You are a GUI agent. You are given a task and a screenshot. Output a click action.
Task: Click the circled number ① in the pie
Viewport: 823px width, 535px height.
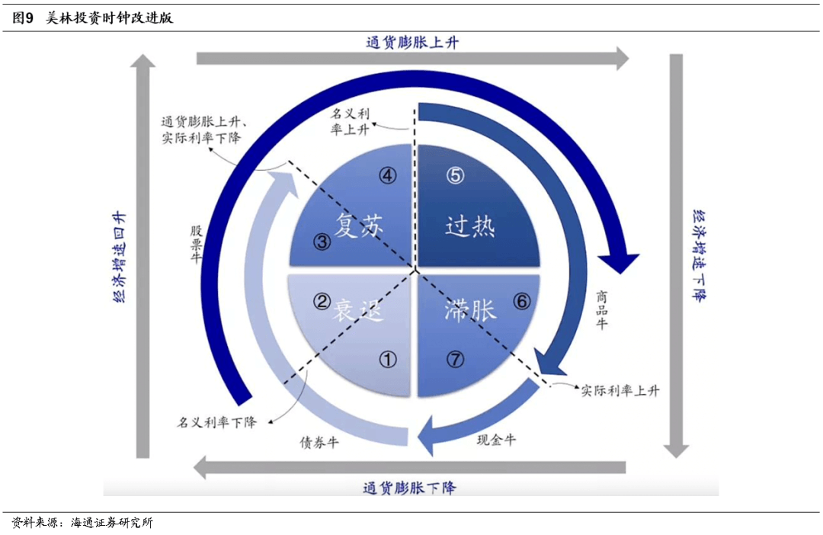click(x=388, y=360)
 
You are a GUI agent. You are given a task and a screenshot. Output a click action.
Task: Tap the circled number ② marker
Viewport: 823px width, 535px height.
click(x=322, y=302)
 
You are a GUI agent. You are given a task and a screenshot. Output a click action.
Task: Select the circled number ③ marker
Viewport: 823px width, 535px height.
click(x=322, y=243)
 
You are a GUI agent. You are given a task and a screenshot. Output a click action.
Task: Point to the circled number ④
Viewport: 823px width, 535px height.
click(x=388, y=175)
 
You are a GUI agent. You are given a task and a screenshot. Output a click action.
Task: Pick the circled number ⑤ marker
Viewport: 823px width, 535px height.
click(x=455, y=175)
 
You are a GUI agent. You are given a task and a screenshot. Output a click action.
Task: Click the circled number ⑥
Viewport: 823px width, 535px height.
click(x=521, y=302)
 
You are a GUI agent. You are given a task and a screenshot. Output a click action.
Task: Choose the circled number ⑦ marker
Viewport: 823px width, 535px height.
click(x=455, y=360)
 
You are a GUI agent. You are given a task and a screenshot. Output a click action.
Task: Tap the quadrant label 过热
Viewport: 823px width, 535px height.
click(x=469, y=226)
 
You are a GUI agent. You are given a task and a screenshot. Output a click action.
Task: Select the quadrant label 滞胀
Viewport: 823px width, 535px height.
click(x=470, y=310)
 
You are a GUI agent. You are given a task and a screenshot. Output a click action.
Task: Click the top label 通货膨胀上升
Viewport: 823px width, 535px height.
click(x=411, y=43)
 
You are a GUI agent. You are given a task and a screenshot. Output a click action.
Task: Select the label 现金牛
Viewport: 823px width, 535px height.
click(x=496, y=440)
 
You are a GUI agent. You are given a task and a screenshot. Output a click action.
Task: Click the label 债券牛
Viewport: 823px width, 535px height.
click(x=319, y=442)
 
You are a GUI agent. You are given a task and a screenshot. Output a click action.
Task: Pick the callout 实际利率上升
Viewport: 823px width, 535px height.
click(x=620, y=391)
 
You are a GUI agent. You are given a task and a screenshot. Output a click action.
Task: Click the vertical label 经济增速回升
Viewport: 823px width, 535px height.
click(x=120, y=257)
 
